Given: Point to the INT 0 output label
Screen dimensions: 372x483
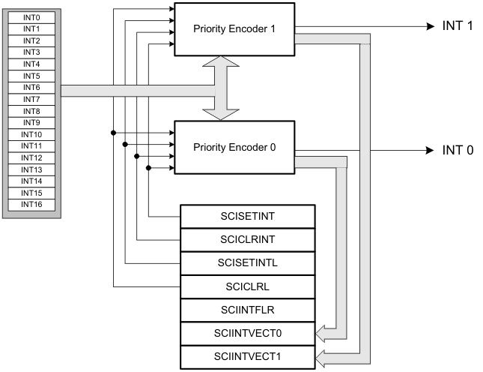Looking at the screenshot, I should tap(458, 151).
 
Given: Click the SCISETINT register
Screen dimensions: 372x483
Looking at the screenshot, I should tap(247, 217).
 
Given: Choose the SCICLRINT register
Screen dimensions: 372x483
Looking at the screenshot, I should tap(247, 240).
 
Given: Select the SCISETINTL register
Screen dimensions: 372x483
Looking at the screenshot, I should tap(247, 262).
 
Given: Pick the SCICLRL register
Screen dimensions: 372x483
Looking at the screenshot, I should tap(247, 286).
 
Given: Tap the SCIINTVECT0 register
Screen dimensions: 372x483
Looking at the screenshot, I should tap(247, 331).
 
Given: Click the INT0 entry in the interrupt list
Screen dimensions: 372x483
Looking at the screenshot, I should tap(31, 16).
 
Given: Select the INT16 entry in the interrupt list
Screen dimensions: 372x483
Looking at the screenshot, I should tap(31, 204).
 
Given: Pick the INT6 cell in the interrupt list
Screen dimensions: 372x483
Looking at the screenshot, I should tap(31, 87).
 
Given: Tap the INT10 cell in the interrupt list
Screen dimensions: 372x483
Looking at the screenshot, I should tap(31, 133).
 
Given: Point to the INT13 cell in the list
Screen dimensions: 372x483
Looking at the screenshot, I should tap(31, 169).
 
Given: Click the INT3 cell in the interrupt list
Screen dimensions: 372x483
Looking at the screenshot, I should tap(31, 52).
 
